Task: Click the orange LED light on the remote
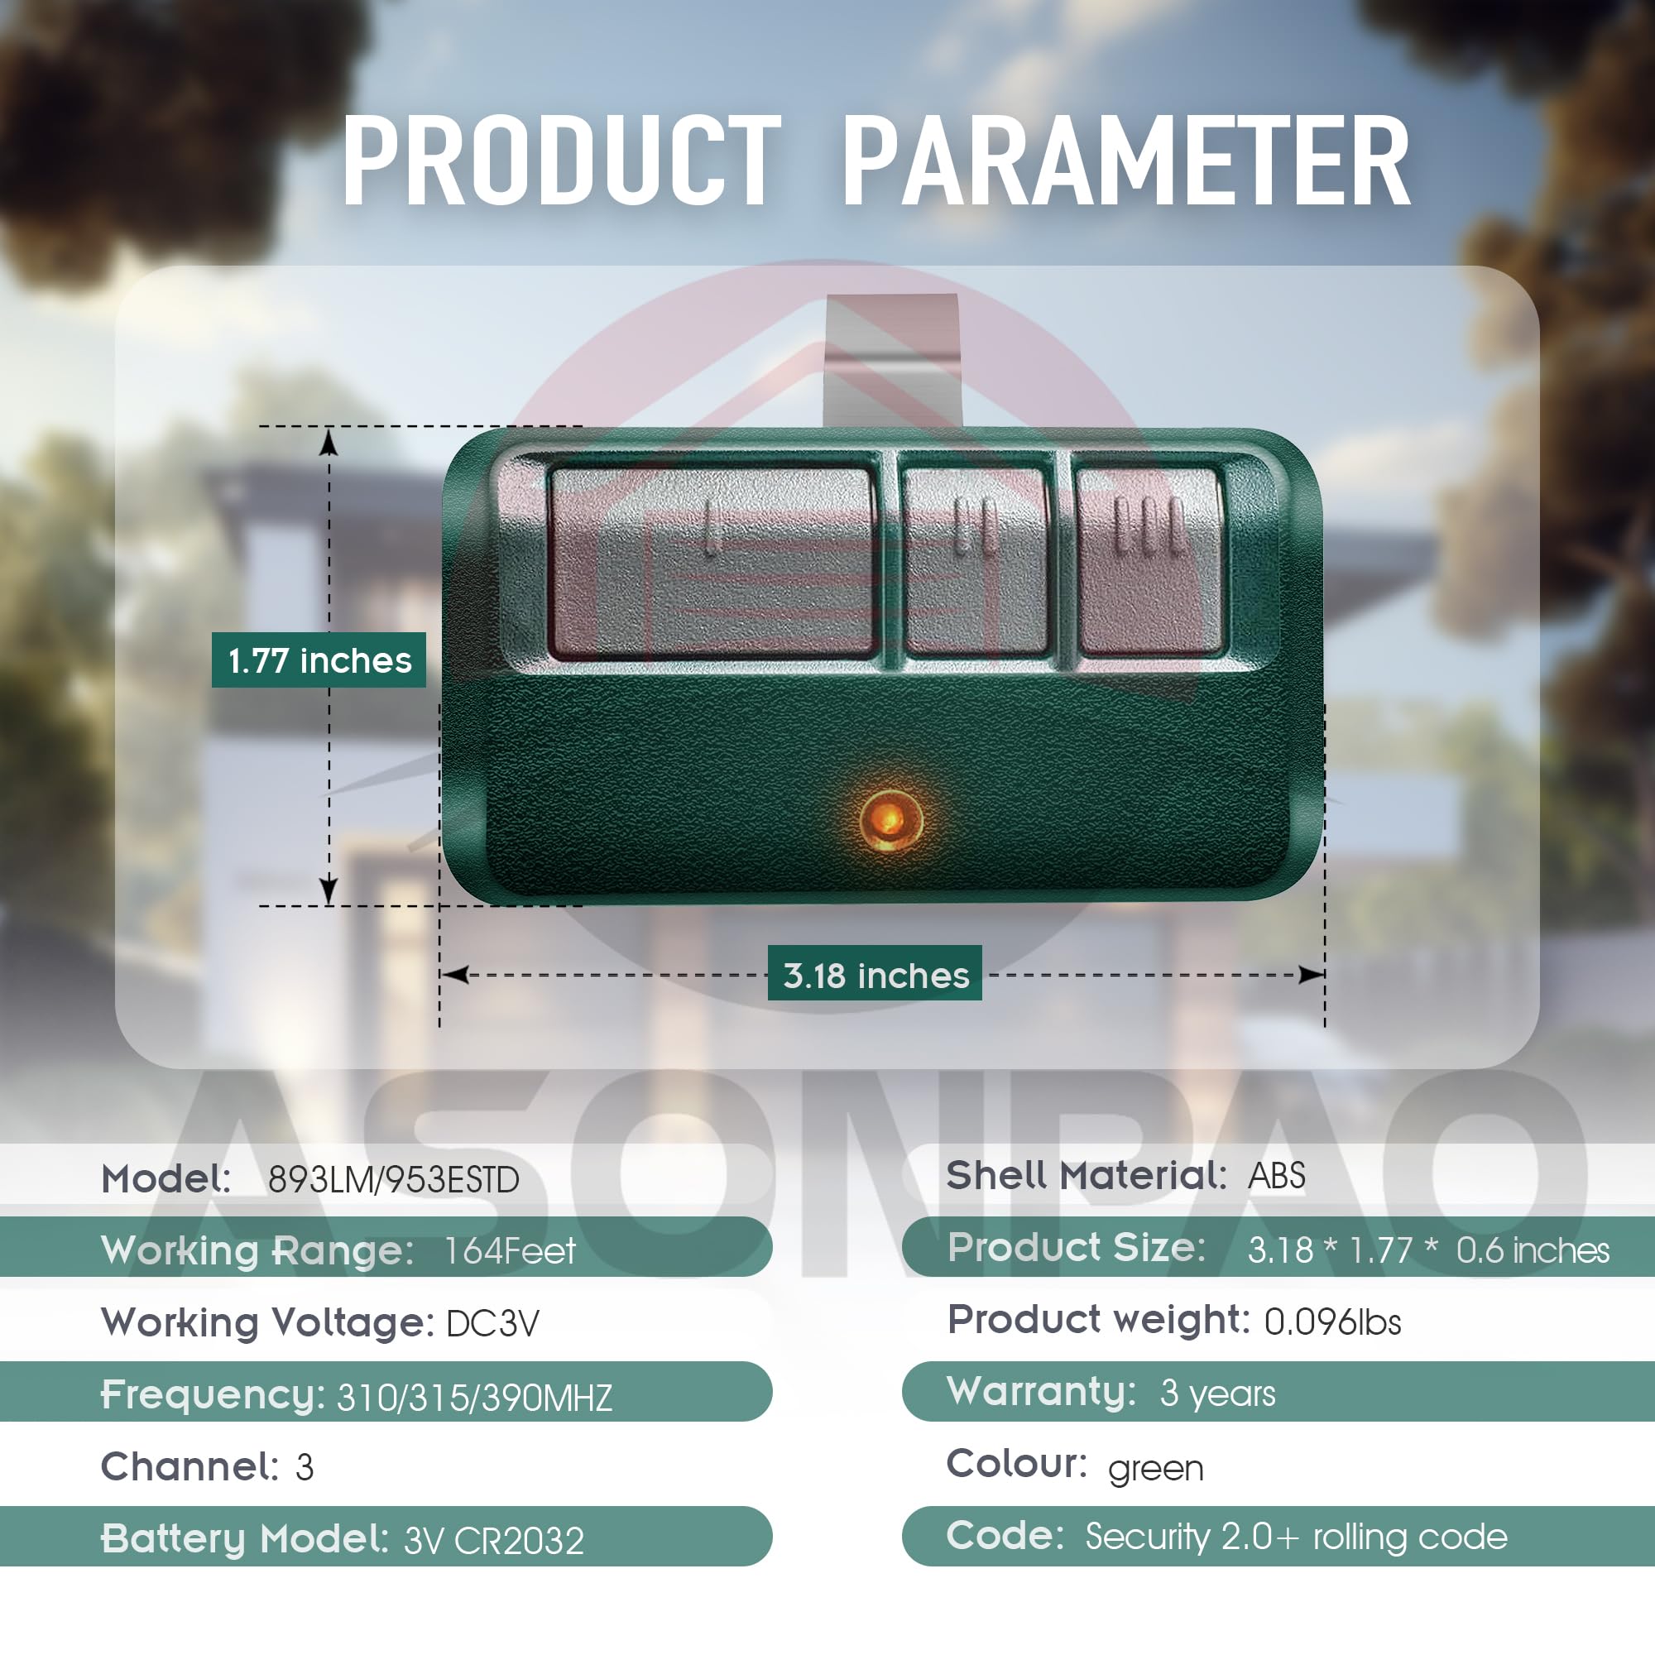(x=891, y=819)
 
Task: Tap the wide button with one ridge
(x=710, y=561)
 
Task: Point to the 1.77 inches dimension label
(x=319, y=660)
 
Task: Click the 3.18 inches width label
(x=875, y=975)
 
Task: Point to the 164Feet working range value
(x=510, y=1251)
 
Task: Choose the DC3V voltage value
(x=492, y=1324)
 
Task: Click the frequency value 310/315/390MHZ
(x=474, y=1398)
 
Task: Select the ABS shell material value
(x=1276, y=1176)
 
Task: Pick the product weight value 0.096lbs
(x=1332, y=1322)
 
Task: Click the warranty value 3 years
(x=1217, y=1394)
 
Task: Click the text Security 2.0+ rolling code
(x=1295, y=1537)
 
